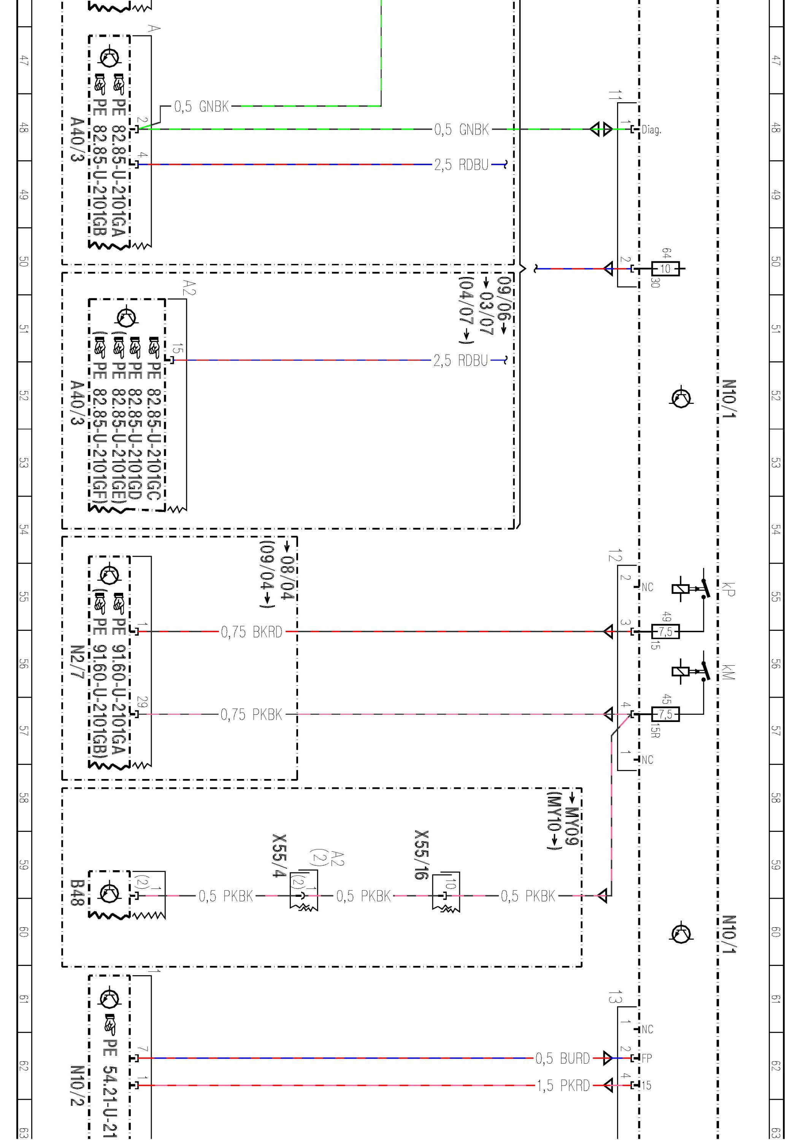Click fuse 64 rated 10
[x=665, y=269]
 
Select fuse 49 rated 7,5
[x=665, y=632]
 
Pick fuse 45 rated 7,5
[x=665, y=714]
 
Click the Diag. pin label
[x=651, y=130]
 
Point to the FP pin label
[x=646, y=1058]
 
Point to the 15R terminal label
[x=655, y=731]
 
